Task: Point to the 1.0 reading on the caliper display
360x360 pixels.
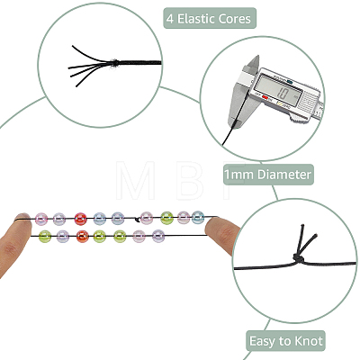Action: pos(283,94)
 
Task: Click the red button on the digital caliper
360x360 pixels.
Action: pos(265,97)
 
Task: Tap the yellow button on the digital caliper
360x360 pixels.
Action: pos(280,104)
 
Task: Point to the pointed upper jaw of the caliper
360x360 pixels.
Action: pos(254,63)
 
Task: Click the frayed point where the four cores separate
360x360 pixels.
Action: pos(114,63)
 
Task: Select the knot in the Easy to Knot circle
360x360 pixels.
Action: pos(298,258)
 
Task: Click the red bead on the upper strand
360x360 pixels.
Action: pos(80,219)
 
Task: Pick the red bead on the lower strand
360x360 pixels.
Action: pos(83,236)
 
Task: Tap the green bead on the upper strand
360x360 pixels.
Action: pos(166,218)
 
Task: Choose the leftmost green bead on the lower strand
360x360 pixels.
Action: pos(45,237)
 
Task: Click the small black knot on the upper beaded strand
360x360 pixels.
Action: pos(138,220)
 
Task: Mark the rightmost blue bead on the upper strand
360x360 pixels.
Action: pos(198,217)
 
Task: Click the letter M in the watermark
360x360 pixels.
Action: pos(136,180)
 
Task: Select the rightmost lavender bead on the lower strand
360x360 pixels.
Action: pos(158,236)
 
